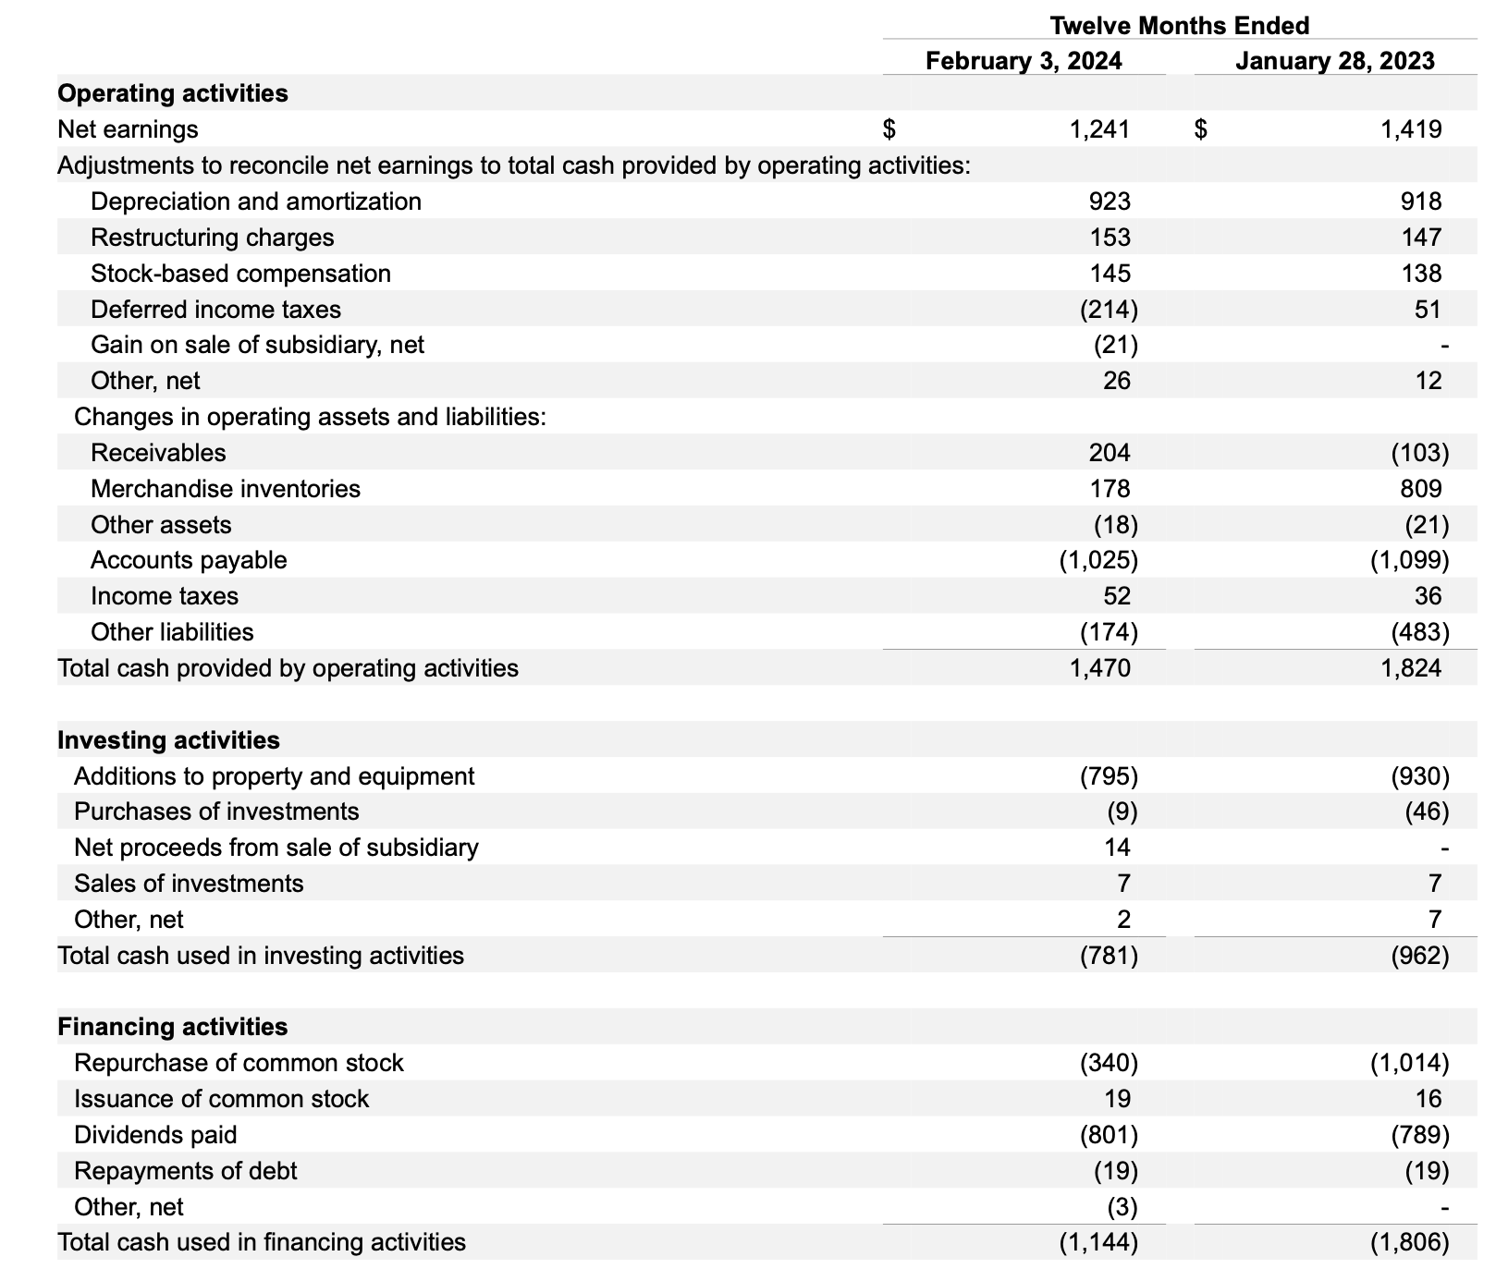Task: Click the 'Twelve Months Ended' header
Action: point(1179,25)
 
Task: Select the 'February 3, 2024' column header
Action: point(1024,61)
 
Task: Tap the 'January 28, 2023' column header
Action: point(1334,61)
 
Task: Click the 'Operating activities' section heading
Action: point(173,93)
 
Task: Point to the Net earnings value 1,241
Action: point(1099,129)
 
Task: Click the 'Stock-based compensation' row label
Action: point(240,274)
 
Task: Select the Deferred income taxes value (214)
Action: point(1109,310)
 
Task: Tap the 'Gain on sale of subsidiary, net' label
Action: point(257,345)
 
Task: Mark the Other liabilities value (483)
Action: point(1419,632)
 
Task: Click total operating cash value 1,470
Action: point(1099,668)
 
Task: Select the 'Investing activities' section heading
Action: point(168,740)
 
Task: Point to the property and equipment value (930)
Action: point(1419,776)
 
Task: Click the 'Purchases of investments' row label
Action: point(216,811)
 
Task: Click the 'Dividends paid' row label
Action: point(155,1135)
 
